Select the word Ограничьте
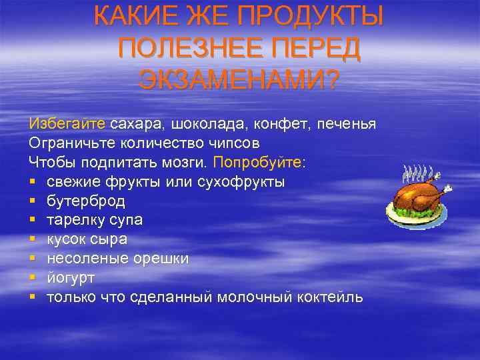click(73, 143)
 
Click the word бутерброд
click(86, 201)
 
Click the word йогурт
click(71, 278)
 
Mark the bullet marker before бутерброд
click(32, 201)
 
